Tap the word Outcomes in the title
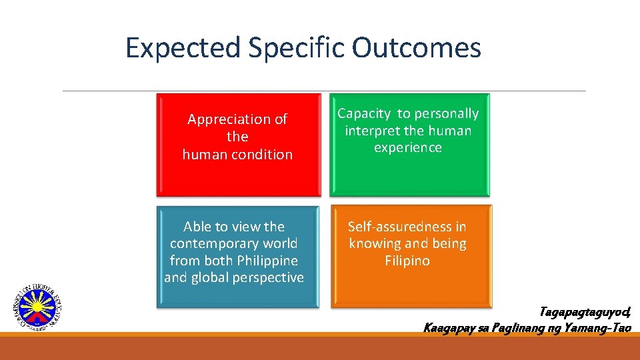(x=417, y=48)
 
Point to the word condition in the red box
(x=261, y=154)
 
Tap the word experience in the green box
(x=407, y=148)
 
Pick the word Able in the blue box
(x=198, y=227)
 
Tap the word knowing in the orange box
(x=376, y=244)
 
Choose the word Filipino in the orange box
(x=407, y=261)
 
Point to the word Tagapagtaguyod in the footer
(x=584, y=312)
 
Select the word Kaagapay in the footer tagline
(x=451, y=327)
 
